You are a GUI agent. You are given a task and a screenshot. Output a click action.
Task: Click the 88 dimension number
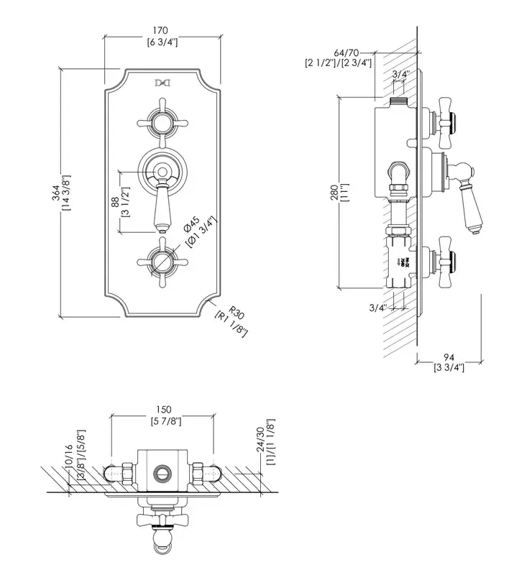(x=115, y=203)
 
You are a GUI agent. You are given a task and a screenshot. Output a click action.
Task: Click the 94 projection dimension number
(x=449, y=357)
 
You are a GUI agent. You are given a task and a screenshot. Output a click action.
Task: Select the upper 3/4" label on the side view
(x=401, y=74)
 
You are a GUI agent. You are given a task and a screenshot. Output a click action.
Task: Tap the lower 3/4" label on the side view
(x=379, y=308)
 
